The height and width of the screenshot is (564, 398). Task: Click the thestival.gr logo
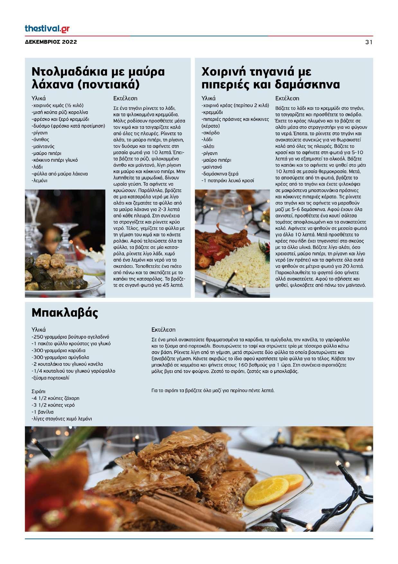click(47, 29)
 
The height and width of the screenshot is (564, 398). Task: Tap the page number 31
click(369, 42)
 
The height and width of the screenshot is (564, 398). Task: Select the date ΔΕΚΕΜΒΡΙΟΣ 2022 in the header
click(51, 42)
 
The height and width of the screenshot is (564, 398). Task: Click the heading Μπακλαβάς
click(65, 313)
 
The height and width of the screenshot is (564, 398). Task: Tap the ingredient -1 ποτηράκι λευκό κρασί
click(228, 180)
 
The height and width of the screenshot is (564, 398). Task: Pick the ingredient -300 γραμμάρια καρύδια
click(59, 350)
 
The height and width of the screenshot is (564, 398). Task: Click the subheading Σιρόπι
click(39, 391)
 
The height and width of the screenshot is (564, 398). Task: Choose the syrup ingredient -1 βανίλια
click(42, 412)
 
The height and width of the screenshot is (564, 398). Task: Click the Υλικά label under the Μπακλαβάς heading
click(39, 330)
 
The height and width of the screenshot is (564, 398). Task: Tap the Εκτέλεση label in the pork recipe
click(287, 98)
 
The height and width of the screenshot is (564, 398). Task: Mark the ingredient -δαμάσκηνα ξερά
click(220, 174)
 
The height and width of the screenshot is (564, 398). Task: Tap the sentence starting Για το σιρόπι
click(213, 391)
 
